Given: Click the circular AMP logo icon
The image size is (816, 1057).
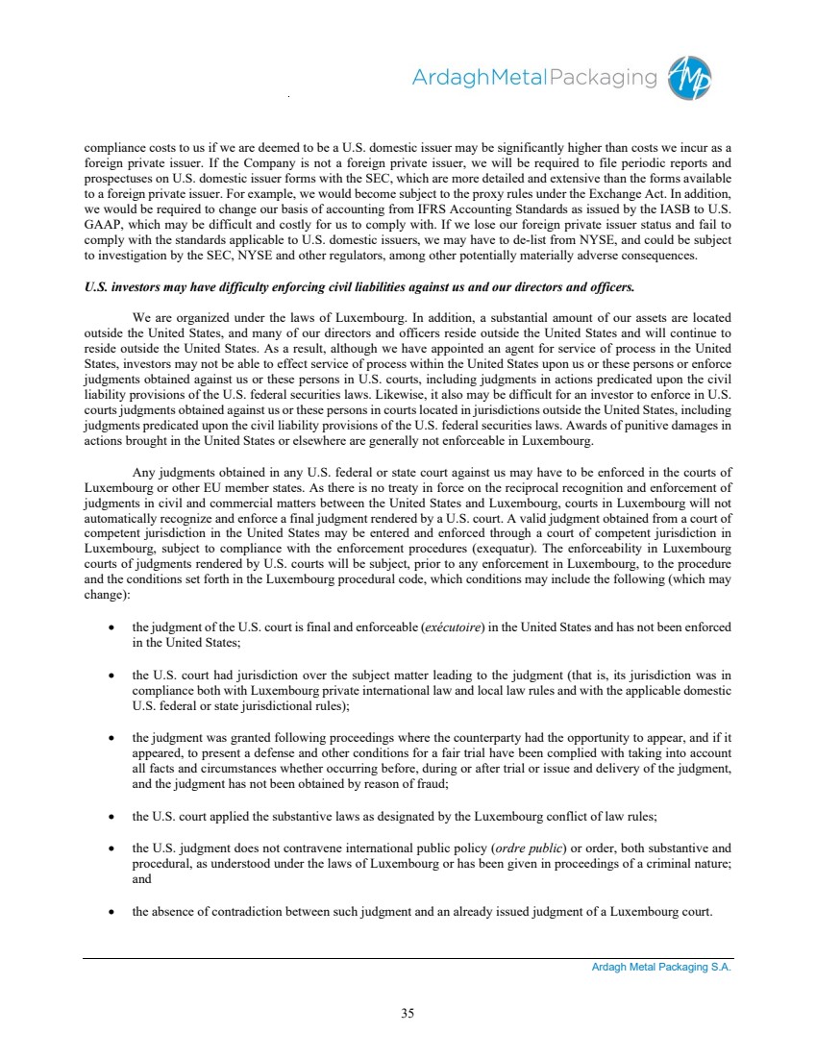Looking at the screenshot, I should click(x=689, y=76).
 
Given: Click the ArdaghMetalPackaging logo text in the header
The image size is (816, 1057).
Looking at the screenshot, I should click(x=534, y=78).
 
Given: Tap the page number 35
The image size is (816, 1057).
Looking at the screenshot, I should click(x=408, y=1011).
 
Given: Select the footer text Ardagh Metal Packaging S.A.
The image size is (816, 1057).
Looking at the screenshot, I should click(x=661, y=968).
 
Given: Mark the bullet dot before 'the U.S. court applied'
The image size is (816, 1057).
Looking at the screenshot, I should click(x=113, y=817).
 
